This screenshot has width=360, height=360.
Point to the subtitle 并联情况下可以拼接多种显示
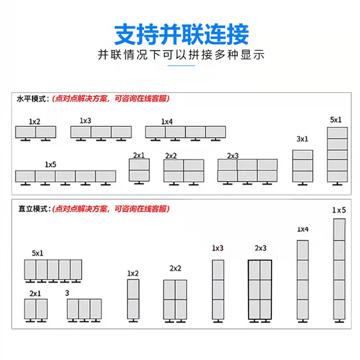tap(181, 55)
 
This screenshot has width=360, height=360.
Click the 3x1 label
tap(302, 139)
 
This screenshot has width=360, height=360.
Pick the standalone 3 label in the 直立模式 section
tap(67, 292)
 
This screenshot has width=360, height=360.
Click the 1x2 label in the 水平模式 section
tap(34, 122)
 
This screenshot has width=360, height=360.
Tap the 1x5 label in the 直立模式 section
tap(339, 210)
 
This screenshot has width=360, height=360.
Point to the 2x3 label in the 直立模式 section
tap(260, 248)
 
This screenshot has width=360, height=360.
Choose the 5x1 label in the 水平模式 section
tap(336, 120)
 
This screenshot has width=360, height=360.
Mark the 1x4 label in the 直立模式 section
tap(302, 229)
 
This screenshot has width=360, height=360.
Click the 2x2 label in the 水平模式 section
tap(171, 156)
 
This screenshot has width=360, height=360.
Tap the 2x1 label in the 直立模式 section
tap(35, 293)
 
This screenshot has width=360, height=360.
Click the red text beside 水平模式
tap(110, 99)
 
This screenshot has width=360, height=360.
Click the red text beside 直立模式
tap(110, 209)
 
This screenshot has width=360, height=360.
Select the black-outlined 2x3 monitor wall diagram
tap(260, 290)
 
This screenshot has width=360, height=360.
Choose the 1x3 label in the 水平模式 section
tap(85, 120)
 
